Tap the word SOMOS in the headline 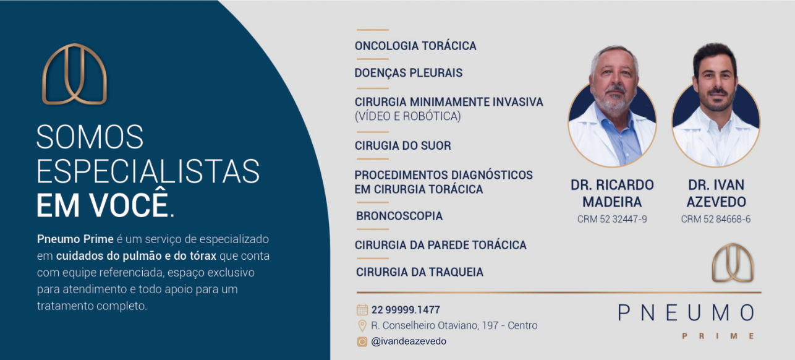[x=90, y=137]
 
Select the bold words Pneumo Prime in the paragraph [x=75, y=239]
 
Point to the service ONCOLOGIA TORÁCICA [x=415, y=45]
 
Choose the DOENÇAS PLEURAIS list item [x=409, y=73]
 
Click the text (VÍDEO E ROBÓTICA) [x=408, y=116]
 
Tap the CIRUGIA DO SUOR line [x=403, y=145]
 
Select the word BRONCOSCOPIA [x=399, y=216]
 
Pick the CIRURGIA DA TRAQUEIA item [x=420, y=272]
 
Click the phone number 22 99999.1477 [x=406, y=310]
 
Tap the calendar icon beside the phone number [x=362, y=310]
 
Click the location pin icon [x=362, y=325]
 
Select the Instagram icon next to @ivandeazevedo [x=362, y=341]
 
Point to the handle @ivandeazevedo [x=409, y=341]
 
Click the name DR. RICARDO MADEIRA [x=612, y=193]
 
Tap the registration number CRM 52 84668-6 [x=715, y=219]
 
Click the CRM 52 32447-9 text [x=612, y=219]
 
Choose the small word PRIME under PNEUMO [x=718, y=336]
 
